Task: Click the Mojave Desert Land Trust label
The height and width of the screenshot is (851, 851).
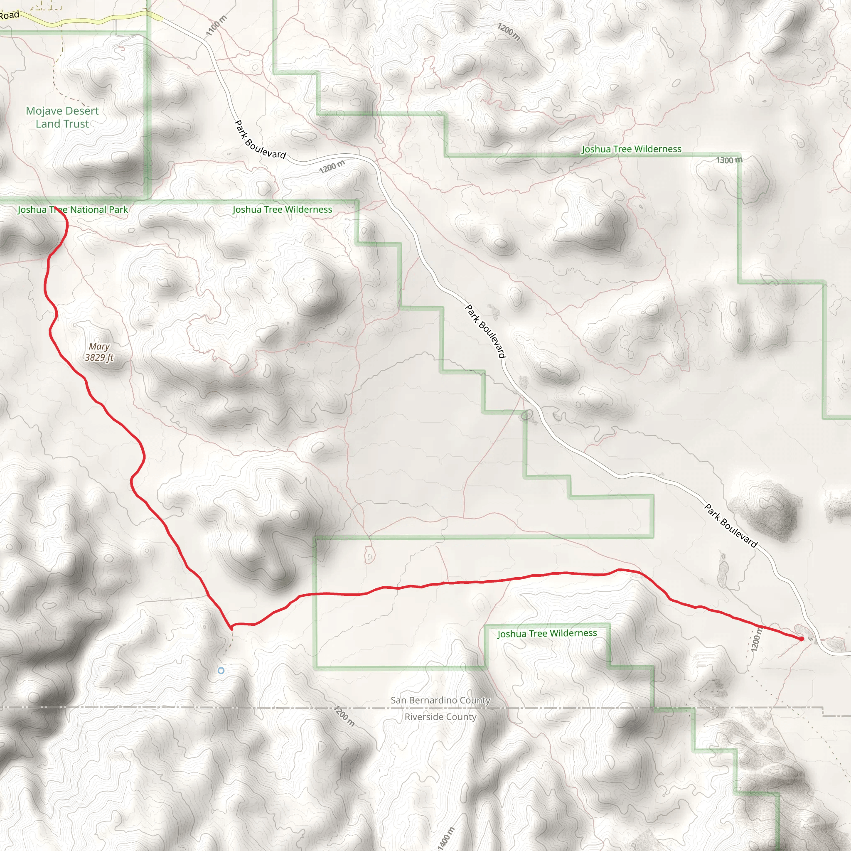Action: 62,117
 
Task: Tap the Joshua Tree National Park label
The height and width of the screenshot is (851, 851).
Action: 73,210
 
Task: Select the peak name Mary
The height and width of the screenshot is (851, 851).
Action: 99,347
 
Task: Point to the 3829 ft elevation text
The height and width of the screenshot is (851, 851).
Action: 99,357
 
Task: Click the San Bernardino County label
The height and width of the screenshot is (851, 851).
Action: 440,700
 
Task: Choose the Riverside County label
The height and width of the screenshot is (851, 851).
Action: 440,717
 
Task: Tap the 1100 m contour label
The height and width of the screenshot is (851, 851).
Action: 216,25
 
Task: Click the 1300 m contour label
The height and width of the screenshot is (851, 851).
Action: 729,160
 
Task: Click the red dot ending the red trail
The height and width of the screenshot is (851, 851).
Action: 801,639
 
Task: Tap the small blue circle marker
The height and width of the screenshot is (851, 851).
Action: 221,670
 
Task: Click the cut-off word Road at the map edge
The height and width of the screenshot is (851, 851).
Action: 9,15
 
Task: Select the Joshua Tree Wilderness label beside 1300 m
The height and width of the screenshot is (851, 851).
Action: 631,149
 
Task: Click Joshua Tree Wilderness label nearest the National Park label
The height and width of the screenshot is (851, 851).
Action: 282,210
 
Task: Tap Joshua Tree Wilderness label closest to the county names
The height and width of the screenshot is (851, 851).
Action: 547,633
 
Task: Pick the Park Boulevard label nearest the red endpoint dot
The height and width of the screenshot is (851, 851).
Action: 731,526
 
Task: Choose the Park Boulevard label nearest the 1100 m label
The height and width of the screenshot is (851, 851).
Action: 260,139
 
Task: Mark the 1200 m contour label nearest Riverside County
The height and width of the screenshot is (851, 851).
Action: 344,716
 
